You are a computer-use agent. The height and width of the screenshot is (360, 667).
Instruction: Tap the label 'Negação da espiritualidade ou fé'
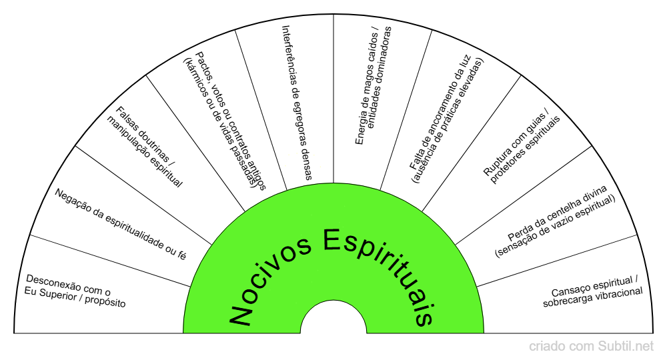pos(121,223)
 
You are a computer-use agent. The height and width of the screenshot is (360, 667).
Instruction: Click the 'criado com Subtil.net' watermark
pos(592,346)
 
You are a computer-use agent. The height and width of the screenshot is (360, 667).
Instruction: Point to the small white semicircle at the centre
pos(333,320)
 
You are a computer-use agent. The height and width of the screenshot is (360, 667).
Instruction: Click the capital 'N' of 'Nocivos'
pos(241,314)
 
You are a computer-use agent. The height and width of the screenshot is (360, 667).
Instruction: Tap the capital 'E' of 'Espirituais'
pos(334,239)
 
